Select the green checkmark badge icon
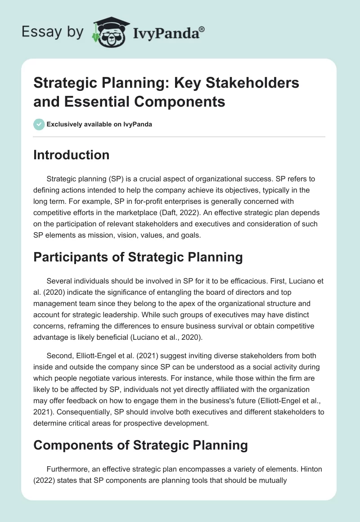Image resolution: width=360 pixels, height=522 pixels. (39, 124)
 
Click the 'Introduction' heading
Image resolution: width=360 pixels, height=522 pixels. (72, 155)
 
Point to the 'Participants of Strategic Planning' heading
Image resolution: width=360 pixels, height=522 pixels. (138, 257)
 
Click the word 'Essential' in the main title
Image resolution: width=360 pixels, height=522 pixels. (94, 102)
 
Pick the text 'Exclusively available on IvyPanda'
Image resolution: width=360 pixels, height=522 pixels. (99, 124)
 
